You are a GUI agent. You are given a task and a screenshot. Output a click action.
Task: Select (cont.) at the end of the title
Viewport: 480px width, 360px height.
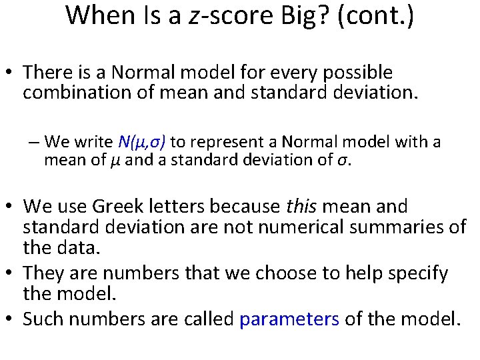(376, 15)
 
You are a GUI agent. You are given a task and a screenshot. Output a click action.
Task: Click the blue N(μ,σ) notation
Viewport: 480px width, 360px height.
(142, 142)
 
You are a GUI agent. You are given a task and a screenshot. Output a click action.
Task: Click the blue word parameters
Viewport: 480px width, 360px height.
(289, 319)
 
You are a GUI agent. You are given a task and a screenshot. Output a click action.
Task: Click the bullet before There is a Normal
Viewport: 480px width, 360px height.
(11, 73)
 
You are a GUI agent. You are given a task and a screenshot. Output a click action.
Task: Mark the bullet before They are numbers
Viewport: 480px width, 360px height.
(11, 274)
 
